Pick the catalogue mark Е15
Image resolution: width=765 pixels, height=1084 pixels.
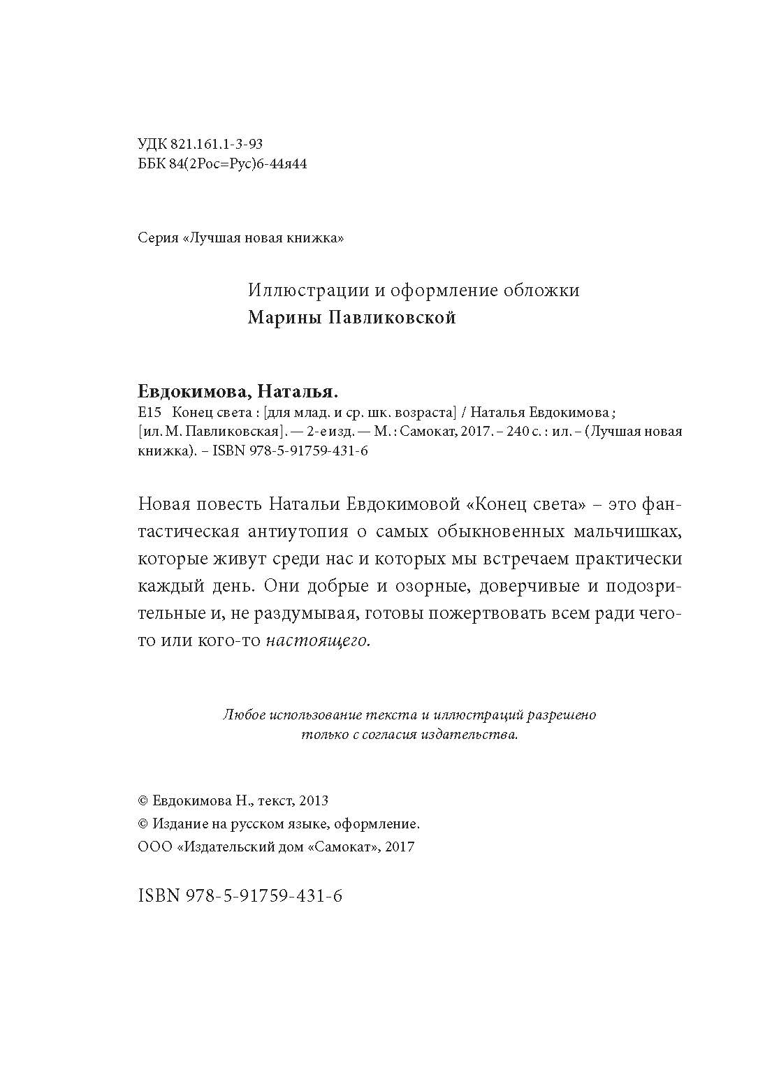(x=150, y=411)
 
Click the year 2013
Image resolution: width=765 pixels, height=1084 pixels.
(x=314, y=801)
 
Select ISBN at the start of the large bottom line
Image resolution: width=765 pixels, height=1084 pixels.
(x=160, y=896)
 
